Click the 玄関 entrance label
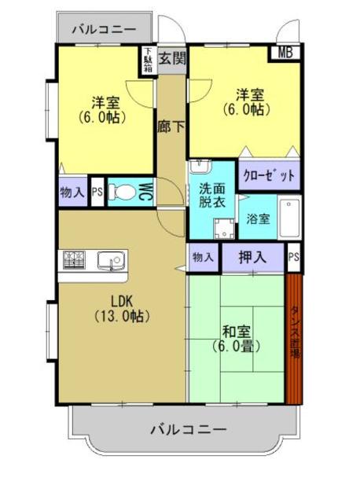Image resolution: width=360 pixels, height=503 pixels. point(172,57)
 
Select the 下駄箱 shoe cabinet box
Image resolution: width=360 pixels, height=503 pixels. point(148,61)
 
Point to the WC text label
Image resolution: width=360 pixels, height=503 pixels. point(145,191)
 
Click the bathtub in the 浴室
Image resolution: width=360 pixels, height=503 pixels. point(289,216)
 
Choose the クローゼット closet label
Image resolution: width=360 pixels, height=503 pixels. point(269,175)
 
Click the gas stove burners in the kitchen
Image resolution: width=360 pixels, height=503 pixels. point(75,259)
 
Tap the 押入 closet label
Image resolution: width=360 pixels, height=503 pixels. point(252,257)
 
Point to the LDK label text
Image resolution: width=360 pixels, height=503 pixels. point(122,300)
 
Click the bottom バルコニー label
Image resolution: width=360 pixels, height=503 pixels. point(188,430)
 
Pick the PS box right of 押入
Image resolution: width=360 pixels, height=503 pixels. point(293,257)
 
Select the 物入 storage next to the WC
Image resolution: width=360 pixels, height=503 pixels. point(72,191)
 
